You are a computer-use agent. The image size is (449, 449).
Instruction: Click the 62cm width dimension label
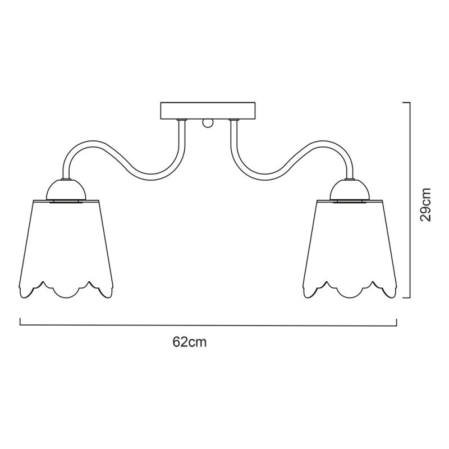[x=190, y=342]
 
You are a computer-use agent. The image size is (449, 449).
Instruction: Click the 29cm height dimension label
[x=425, y=204]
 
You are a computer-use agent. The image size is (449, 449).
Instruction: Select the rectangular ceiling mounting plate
[x=208, y=111]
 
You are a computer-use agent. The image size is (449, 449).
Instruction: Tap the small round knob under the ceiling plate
[x=208, y=123]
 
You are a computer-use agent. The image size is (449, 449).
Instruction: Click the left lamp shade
[x=66, y=249]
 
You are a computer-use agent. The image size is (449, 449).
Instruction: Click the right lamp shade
[x=350, y=249]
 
